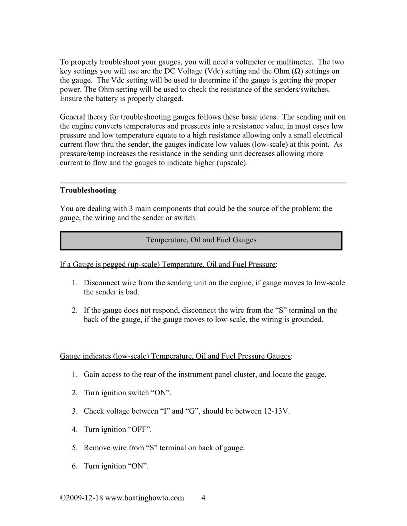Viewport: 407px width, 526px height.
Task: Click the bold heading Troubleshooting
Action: pyautogui.click(x=88, y=190)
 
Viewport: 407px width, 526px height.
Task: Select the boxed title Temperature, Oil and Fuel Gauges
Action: pyautogui.click(x=201, y=240)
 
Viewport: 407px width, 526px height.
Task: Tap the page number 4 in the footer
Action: pyautogui.click(x=203, y=498)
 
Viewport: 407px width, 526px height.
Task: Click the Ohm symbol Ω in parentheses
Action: pyautogui.click(x=297, y=71)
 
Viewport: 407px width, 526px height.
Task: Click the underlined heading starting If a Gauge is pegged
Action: pyautogui.click(x=168, y=265)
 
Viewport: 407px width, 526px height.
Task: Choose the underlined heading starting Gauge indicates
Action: pyautogui.click(x=175, y=356)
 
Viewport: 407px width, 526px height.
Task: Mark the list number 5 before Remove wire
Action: pyautogui.click(x=74, y=448)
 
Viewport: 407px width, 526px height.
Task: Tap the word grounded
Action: pyautogui.click(x=308, y=320)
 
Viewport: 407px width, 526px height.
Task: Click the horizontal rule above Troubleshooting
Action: pyautogui.click(x=203, y=183)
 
